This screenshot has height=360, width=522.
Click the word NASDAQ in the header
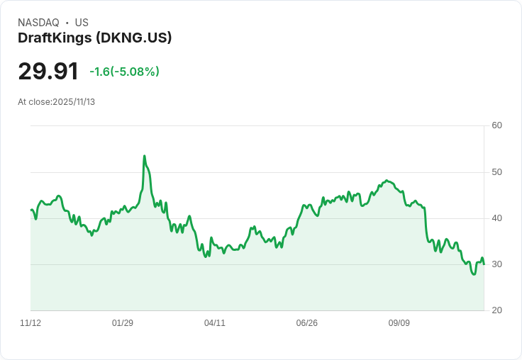coord(38,23)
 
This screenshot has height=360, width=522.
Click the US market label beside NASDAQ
coord(82,23)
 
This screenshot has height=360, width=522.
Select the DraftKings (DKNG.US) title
coord(95,38)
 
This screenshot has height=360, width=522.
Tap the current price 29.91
coord(48,72)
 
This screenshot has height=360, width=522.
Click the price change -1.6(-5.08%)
coord(124,72)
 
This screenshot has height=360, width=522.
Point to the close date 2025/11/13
coord(74,102)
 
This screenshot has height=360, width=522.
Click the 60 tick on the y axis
coord(497,126)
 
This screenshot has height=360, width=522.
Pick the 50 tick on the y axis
coord(497,172)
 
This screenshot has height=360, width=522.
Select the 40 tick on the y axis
coord(497,218)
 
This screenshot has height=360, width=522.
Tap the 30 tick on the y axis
coord(497,264)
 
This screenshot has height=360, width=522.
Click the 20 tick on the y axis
coord(497,310)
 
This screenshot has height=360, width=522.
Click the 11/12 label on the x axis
coord(30,323)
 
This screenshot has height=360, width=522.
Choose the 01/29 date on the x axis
coord(123,323)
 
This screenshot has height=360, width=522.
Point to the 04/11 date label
coord(215,323)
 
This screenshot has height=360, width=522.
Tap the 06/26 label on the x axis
coord(307,323)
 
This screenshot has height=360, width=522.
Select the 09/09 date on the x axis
coord(399,323)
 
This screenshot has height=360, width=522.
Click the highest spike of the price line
coord(145,156)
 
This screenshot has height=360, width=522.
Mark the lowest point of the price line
coord(474,274)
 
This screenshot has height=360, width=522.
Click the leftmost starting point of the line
coord(31,210)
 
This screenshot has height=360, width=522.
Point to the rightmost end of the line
coord(484,264)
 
